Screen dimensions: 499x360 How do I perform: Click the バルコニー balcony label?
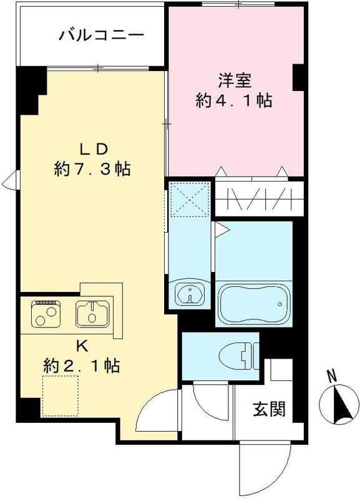pyautogui.click(x=102, y=34)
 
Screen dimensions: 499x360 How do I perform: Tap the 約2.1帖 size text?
pyautogui.click(x=82, y=364)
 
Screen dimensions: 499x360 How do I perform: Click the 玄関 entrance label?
pyautogui.click(x=270, y=409)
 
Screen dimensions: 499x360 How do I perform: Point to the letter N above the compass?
pyautogui.click(x=333, y=375)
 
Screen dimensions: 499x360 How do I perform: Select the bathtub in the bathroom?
pyautogui.click(x=255, y=304)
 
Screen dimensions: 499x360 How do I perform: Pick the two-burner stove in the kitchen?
pyautogui.click(x=47, y=314)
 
